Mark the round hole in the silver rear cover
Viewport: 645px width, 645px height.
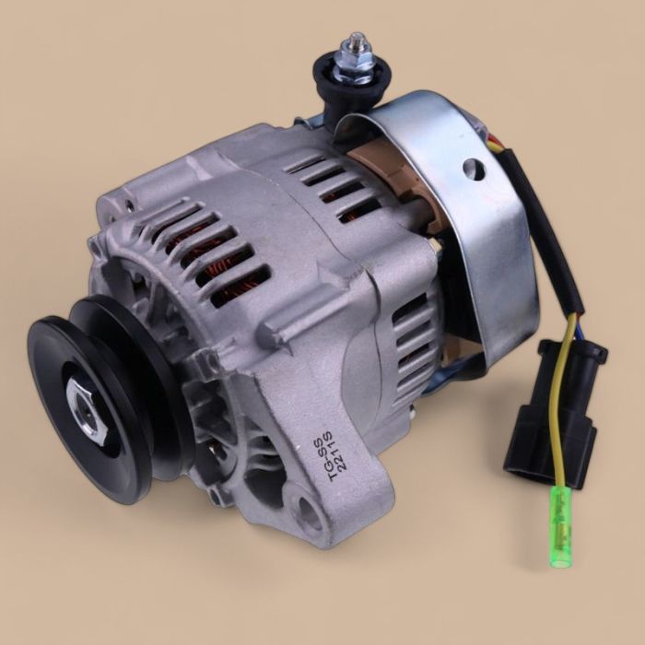point(474,168)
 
